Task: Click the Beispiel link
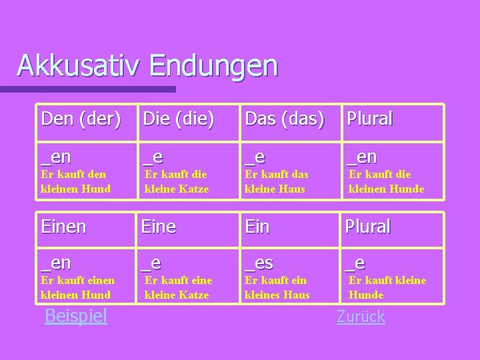75,315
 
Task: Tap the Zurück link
361,317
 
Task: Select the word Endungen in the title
213,66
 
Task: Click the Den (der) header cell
81,119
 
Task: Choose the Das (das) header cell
285,119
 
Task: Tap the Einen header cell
63,227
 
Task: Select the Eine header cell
158,227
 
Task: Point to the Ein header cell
257,227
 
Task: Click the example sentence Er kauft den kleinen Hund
76,181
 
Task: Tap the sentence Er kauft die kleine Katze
177,181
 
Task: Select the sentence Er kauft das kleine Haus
276,181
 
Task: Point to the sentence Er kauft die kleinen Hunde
387,181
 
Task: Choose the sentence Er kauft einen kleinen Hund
77,287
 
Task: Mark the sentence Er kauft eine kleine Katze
178,287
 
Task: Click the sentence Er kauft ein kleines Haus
277,287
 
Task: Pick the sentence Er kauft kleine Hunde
387,287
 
